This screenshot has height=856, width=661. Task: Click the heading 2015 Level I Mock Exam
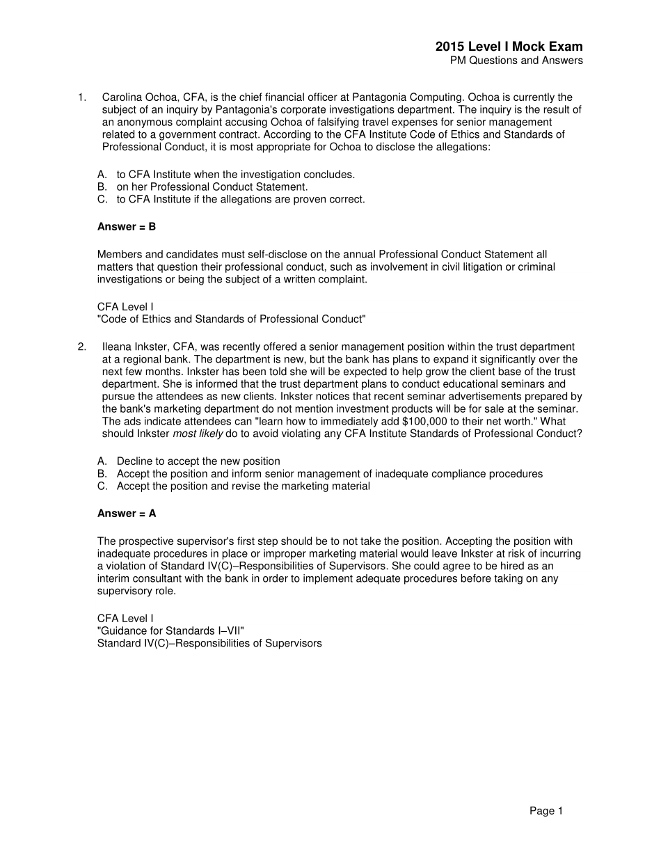[x=509, y=47]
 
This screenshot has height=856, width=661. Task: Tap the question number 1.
[x=81, y=97]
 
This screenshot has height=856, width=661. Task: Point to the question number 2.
[x=81, y=347]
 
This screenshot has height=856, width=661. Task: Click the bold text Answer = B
[x=127, y=227]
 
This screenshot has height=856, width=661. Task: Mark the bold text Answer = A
[x=127, y=514]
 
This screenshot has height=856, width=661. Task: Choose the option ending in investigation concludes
[x=235, y=175]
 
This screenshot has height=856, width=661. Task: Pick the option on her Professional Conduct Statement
[x=212, y=187]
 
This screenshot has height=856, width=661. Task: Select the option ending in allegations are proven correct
[x=240, y=200]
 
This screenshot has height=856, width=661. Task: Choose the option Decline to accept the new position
[x=198, y=461]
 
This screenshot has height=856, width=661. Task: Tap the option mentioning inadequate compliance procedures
[x=329, y=474]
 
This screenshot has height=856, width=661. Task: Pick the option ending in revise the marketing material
[x=243, y=486]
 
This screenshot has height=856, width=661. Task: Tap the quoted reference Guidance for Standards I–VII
[x=170, y=631]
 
